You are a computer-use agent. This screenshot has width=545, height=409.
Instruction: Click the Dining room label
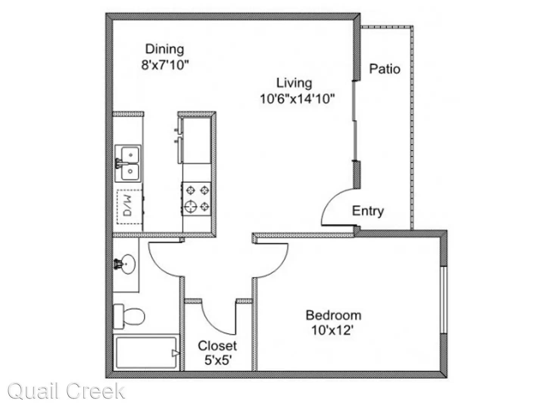click(164, 49)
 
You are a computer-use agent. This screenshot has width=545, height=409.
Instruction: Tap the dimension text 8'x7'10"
click(165, 65)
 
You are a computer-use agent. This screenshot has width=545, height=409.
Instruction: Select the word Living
click(294, 83)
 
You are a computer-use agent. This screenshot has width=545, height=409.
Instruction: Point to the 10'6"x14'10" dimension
click(297, 99)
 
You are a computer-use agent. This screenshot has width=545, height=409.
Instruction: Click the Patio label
click(385, 69)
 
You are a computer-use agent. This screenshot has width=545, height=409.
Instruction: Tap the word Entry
click(368, 211)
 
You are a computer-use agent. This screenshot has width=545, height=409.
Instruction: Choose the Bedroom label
click(333, 315)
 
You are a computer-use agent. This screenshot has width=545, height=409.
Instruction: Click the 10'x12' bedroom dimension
click(332, 331)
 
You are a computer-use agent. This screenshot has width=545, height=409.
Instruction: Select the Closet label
click(217, 346)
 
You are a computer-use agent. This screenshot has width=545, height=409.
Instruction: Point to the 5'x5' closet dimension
click(218, 360)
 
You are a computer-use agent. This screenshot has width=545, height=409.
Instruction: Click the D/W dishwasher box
click(129, 207)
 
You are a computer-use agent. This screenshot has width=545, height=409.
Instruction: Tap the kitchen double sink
click(128, 163)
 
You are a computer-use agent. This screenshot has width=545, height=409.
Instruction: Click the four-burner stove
click(196, 199)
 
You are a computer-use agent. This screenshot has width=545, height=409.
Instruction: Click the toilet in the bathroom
click(129, 317)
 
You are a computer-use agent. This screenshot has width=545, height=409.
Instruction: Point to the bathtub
click(146, 353)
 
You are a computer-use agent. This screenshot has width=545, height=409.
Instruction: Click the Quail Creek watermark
click(66, 392)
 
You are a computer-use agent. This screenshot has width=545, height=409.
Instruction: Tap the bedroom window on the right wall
click(443, 300)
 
